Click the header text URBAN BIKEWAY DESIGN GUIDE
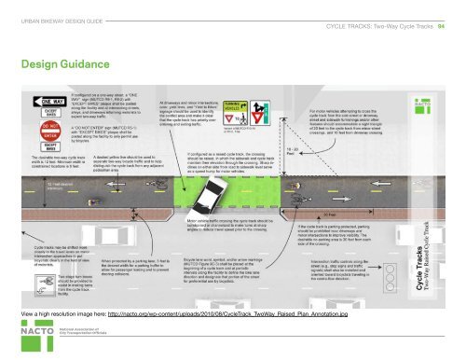[x=62, y=20]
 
